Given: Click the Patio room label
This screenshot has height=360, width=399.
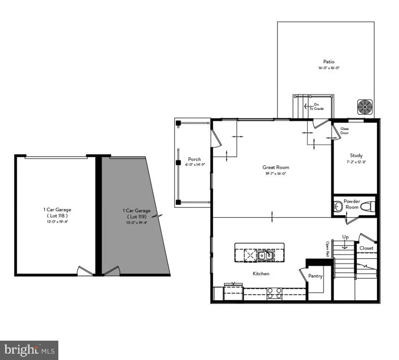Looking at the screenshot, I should tap(329, 62).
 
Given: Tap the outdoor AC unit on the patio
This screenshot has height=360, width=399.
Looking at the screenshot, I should tap(365, 107).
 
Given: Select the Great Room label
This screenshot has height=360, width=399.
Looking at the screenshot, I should tap(276, 167).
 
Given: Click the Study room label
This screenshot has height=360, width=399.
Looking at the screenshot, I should tap(356, 156).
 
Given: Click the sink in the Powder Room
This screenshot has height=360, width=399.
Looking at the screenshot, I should tap(338, 206).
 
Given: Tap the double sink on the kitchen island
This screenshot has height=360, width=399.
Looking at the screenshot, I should tap(266, 255).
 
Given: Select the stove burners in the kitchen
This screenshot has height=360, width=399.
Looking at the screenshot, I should tap(274, 293).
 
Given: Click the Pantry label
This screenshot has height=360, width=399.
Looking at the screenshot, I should tap(315, 276).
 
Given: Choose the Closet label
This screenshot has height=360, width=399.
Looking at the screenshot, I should tap(366, 248).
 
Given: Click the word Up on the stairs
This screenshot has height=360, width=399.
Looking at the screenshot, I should tap(345, 237).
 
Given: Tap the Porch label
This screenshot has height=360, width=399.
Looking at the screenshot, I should tap(194, 159).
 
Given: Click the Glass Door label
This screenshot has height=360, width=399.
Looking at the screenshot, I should tap(345, 131).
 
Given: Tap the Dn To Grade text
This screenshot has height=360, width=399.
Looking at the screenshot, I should tap(316, 106).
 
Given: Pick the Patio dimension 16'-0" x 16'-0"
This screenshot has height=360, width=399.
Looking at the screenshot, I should tap(329, 68).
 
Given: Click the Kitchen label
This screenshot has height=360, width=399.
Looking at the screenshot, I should tap(261, 274).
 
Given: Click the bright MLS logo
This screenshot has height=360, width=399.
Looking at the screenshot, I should tap(29, 350).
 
